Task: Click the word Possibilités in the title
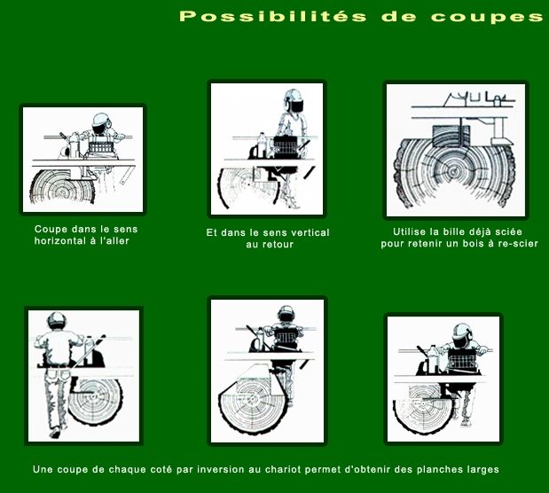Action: pos(273,16)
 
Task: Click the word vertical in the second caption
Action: pos(308,233)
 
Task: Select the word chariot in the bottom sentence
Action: pos(283,469)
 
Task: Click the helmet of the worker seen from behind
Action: pos(57,319)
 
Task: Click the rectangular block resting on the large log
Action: pos(451,137)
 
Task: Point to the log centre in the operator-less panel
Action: pos(453,172)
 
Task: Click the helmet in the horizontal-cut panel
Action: pos(101,120)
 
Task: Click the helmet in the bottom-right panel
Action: pos(462,331)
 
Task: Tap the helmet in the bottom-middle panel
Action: pos(286,312)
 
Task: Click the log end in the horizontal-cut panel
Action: pos(62,186)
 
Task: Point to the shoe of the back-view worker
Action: pos(55,434)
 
